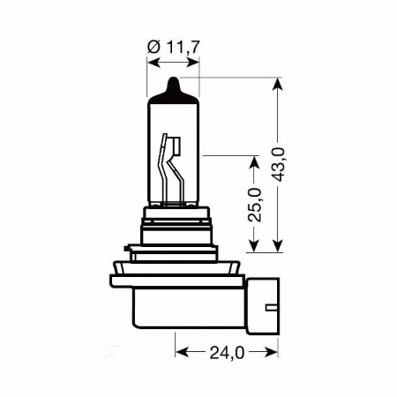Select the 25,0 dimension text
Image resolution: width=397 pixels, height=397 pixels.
pos(257,204)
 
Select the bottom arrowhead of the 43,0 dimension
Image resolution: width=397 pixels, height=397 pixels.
pos(280,248)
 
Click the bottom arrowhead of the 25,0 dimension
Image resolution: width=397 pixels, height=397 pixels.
pos(255,248)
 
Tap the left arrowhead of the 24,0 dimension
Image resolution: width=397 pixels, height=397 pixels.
pos(182,352)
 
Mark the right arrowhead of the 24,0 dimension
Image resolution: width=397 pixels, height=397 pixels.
pos(269,352)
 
